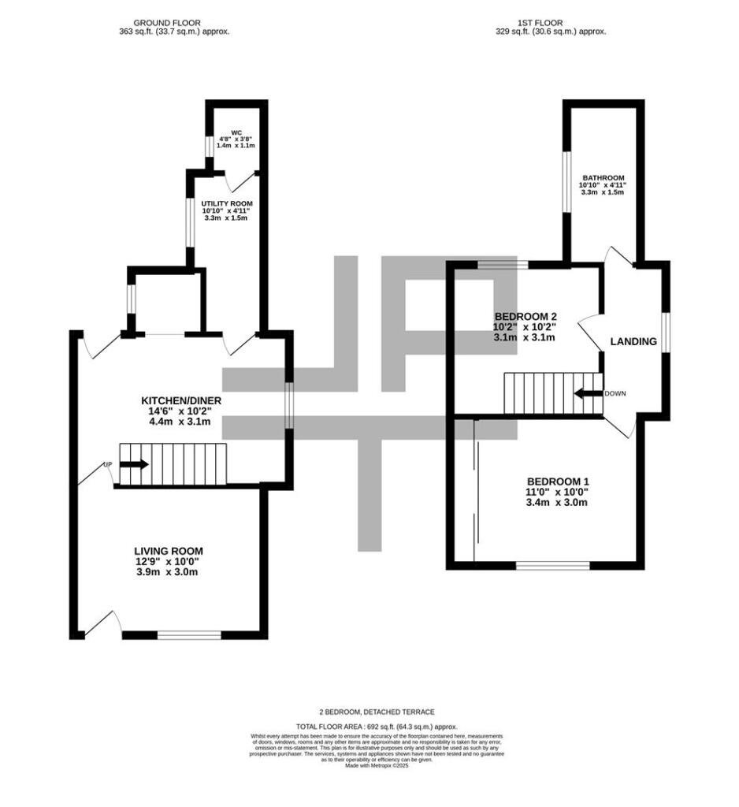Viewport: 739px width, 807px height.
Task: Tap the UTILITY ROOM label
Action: pyautogui.click(x=226, y=203)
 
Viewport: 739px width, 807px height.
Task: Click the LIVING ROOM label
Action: pyautogui.click(x=169, y=551)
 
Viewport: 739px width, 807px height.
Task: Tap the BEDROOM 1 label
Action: pyautogui.click(x=558, y=482)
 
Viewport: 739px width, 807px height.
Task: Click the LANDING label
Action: pyautogui.click(x=634, y=342)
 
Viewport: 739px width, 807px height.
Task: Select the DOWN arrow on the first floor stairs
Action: pyautogui.click(x=588, y=393)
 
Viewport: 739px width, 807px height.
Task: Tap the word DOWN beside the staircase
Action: pyautogui.click(x=615, y=393)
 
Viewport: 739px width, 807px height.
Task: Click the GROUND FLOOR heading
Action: pyautogui.click(x=167, y=23)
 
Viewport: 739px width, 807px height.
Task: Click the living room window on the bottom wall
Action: pyautogui.click(x=188, y=634)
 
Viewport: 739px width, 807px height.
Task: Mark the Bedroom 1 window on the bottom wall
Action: pyautogui.click(x=553, y=565)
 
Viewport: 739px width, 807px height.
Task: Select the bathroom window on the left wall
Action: pyautogui.click(x=566, y=180)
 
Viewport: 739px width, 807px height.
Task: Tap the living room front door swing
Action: pyautogui.click(x=103, y=623)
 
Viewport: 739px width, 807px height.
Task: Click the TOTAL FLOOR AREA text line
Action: pyautogui.click(x=377, y=726)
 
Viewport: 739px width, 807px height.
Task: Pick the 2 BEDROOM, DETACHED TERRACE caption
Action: pyautogui.click(x=377, y=712)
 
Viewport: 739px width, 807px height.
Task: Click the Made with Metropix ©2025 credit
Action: pyautogui.click(x=377, y=765)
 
